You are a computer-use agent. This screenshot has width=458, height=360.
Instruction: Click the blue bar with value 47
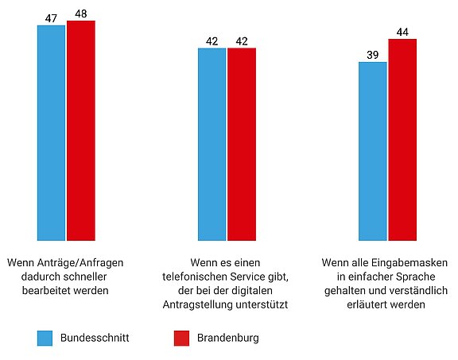click(x=51, y=132)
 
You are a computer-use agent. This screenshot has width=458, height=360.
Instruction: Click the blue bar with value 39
click(x=372, y=150)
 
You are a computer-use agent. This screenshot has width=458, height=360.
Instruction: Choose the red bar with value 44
click(x=402, y=139)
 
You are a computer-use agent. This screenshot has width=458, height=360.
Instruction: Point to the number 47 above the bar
click(x=51, y=17)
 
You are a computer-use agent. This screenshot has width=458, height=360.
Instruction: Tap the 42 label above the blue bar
click(x=212, y=40)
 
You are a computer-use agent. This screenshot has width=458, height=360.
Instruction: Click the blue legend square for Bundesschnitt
click(x=45, y=338)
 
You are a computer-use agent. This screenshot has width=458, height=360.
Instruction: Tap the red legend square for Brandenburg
click(x=180, y=338)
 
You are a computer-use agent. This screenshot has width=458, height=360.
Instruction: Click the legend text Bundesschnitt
click(x=94, y=338)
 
